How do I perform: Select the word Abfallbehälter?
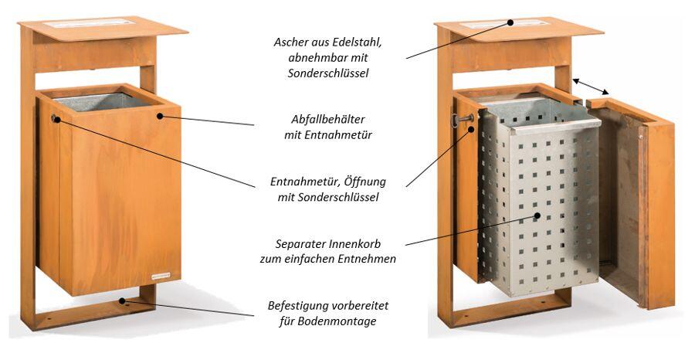pos(328,119)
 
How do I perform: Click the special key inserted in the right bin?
pos(462,119)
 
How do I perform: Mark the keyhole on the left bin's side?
pos(56,118)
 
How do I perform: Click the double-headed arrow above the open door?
pos(591,87)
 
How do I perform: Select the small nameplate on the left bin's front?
pos(161,276)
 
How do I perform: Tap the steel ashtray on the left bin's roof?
pos(89,23)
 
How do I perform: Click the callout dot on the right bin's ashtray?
pos(510,22)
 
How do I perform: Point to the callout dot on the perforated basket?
pos(537,216)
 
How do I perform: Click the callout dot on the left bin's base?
pos(122,301)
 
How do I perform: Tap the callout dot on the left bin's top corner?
pos(160,116)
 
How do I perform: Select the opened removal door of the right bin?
pos(631,202)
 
